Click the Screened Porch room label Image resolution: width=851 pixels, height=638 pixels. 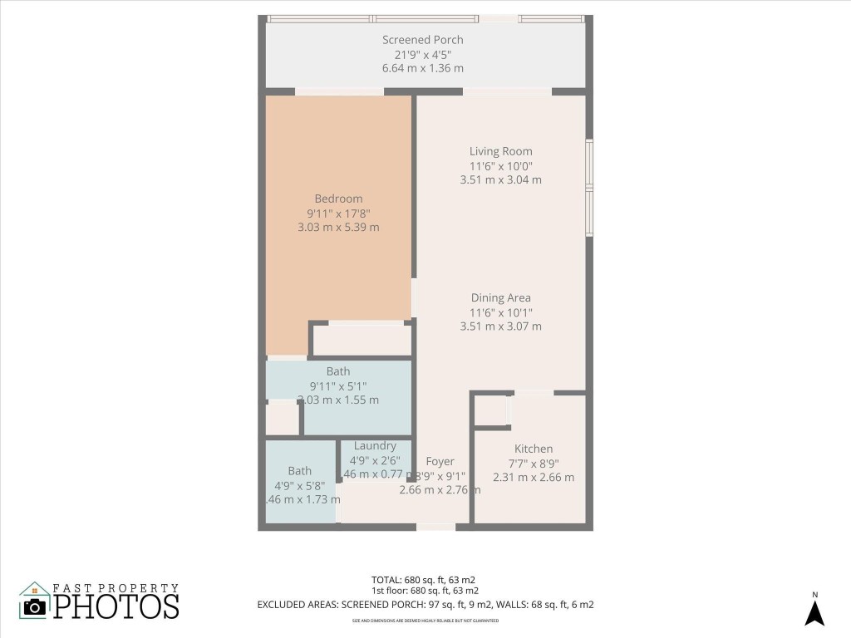(422, 40)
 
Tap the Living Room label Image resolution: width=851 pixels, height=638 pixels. (500, 151)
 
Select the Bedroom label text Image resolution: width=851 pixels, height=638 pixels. (338, 199)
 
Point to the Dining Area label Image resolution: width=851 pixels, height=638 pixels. (500, 298)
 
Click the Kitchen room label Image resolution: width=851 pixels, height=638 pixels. (533, 449)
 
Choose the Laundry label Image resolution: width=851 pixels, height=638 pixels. (374, 446)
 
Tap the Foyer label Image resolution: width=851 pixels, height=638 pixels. (440, 462)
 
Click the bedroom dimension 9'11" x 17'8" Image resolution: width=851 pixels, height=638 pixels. (338, 213)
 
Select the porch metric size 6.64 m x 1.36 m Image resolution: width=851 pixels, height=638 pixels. (422, 68)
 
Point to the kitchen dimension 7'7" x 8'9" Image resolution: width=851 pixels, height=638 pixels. (533, 463)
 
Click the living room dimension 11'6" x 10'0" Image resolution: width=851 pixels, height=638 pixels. (500, 165)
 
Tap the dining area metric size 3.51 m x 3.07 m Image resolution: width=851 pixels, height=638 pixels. (500, 326)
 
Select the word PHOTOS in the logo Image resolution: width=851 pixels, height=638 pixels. (116, 606)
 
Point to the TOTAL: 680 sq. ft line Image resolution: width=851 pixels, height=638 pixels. (423, 579)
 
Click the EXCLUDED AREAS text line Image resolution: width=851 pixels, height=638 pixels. (425, 605)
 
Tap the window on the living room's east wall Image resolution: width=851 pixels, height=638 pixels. (589, 190)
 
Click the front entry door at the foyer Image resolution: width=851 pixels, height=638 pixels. (435, 527)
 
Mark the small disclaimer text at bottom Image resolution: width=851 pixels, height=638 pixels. (425, 621)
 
